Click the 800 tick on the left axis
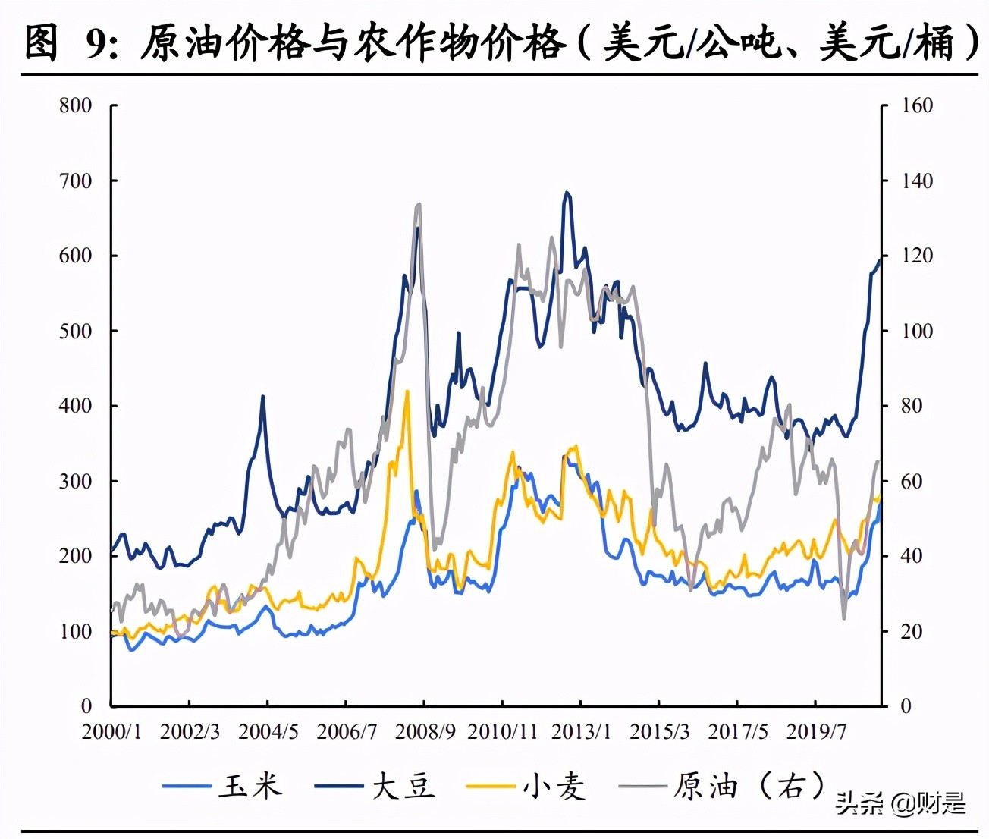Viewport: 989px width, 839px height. click(x=76, y=105)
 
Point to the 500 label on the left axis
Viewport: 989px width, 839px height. click(x=76, y=331)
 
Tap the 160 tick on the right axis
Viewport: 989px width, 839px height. click(x=917, y=105)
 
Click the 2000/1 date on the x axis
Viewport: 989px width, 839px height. click(x=111, y=731)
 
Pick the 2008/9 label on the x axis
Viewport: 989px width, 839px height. click(x=425, y=731)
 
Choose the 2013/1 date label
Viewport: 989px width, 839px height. click(x=581, y=731)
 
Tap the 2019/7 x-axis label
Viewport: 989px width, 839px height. click(x=816, y=731)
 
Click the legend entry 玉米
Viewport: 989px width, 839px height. click(x=250, y=786)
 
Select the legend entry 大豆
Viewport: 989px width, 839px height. click(x=403, y=786)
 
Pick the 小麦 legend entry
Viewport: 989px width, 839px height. click(x=554, y=786)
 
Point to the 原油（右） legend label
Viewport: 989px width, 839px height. click(x=747, y=786)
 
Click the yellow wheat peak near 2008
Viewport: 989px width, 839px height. click(x=407, y=391)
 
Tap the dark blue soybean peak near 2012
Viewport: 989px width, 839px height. click(x=567, y=193)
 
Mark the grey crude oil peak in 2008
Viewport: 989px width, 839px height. click(x=419, y=204)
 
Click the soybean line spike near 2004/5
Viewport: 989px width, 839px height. click(x=263, y=396)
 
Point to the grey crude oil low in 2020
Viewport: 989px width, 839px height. click(x=843, y=617)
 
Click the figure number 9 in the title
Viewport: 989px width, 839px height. click(x=96, y=42)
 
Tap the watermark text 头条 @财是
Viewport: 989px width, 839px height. click(x=900, y=802)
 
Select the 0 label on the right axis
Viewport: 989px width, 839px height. click(x=906, y=706)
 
